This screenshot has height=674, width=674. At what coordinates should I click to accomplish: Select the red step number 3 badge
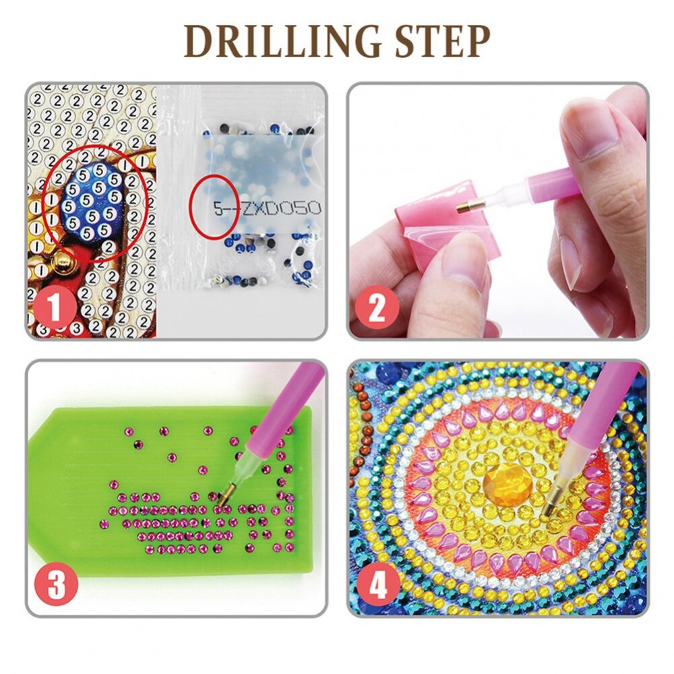[x=57, y=584]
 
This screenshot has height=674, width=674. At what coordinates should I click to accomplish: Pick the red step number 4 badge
[x=378, y=584]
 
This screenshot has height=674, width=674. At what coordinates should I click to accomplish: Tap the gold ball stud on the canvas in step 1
[x=62, y=263]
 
